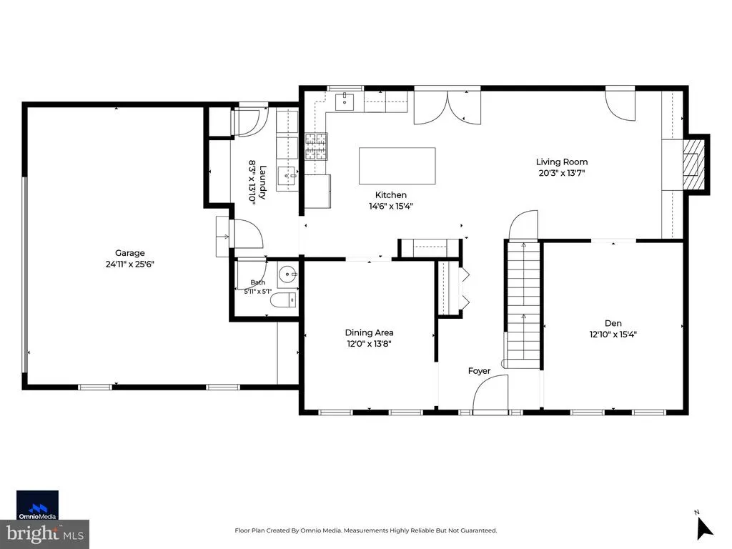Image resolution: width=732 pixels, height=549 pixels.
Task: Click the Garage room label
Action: point(130,253)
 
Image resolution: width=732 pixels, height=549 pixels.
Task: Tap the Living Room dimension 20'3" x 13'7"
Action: point(562,173)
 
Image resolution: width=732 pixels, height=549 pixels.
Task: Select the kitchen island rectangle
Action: point(397,166)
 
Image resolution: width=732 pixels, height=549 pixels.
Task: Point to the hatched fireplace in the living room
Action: point(691,164)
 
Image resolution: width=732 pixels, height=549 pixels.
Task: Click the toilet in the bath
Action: point(283,300)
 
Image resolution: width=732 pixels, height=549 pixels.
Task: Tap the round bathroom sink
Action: point(287,274)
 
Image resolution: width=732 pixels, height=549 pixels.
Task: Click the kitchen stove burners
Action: point(317,147)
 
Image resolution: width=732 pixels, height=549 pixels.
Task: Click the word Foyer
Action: point(480,371)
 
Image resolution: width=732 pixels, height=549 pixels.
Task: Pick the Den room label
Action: point(613,323)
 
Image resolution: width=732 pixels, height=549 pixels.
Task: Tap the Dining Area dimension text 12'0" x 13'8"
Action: point(369,344)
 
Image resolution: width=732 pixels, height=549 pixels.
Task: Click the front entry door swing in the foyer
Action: point(490,394)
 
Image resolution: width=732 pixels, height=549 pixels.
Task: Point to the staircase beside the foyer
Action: point(523,304)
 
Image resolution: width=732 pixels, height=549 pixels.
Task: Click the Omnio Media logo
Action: point(37,505)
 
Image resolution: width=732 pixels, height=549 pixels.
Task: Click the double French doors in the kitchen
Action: point(447,107)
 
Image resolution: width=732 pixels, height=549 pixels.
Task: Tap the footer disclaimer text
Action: point(365,530)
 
